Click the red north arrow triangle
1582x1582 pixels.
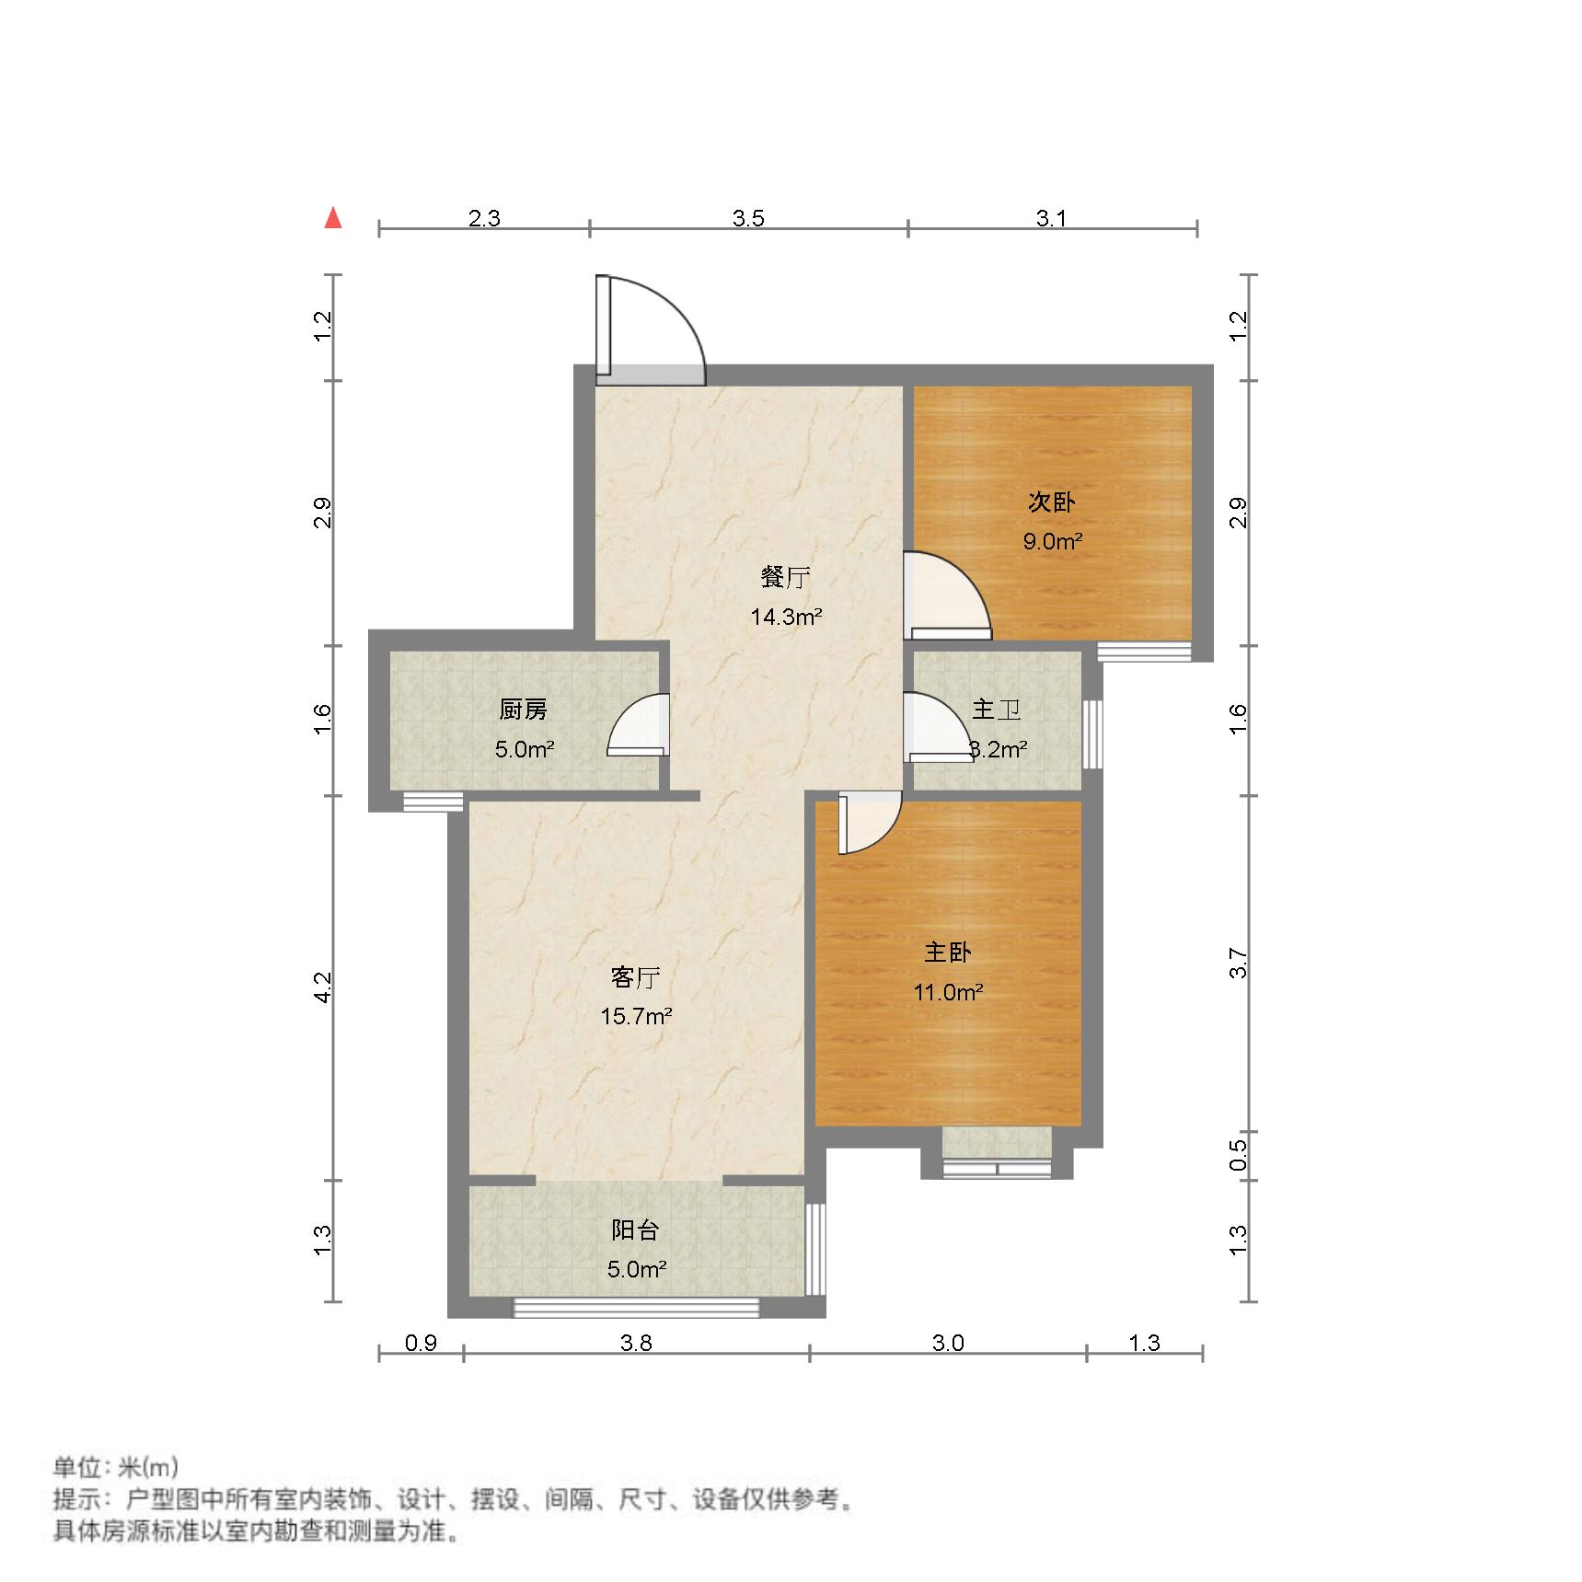[x=333, y=219]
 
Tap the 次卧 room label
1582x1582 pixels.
[x=1052, y=502]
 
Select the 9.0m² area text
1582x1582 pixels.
[x=1052, y=541]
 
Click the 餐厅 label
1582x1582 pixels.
[x=785, y=578]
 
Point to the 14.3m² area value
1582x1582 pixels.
[x=785, y=617]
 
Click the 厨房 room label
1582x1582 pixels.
[x=523, y=710]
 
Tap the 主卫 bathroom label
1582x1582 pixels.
[x=996, y=710]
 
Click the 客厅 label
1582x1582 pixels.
[x=635, y=977]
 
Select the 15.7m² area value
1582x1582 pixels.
[x=635, y=1017]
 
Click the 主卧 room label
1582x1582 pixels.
[x=948, y=953]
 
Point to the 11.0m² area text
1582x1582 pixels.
[x=948, y=992]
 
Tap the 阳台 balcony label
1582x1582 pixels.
[x=635, y=1230]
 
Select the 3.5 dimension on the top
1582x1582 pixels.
[x=748, y=218]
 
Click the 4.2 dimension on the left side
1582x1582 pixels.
[x=322, y=987]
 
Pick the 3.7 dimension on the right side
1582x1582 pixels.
[x=1239, y=963]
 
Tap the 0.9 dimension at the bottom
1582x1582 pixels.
[x=421, y=1343]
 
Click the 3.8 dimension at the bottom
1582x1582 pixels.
[x=636, y=1343]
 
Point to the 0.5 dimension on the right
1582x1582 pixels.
[x=1239, y=1155]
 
